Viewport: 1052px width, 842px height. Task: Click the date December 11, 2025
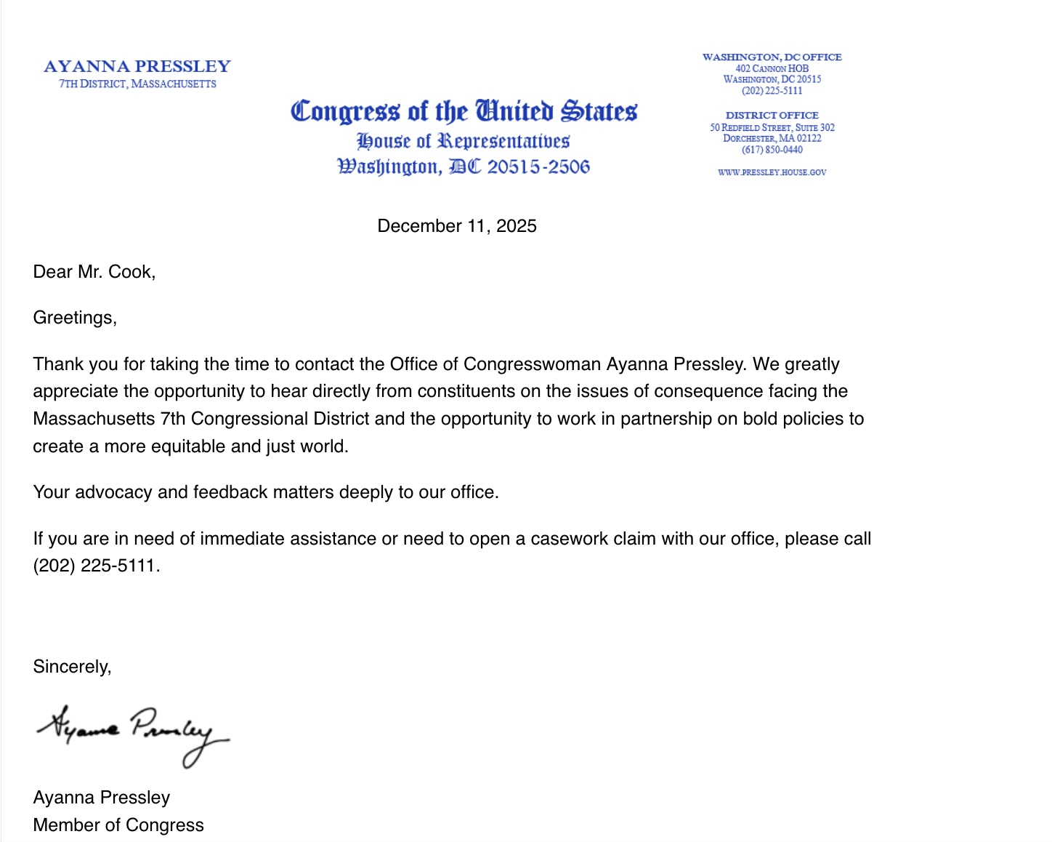[456, 226]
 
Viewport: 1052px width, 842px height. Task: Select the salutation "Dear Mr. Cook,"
[94, 272]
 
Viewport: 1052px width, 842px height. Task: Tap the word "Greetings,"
[75, 318]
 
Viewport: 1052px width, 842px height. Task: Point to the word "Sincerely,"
[72, 667]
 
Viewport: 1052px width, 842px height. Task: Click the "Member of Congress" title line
[118, 825]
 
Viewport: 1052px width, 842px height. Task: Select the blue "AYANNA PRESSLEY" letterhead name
[137, 67]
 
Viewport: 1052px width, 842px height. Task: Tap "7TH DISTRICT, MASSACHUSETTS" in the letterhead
[137, 84]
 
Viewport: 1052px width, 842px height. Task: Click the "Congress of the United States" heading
[464, 111]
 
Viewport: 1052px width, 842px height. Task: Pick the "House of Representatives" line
[463, 140]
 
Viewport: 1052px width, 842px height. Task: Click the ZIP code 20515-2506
[538, 167]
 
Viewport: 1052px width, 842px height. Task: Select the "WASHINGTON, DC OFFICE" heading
[772, 57]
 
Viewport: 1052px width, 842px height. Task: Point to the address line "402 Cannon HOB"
[772, 68]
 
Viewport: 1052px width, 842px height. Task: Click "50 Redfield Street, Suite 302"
[772, 127]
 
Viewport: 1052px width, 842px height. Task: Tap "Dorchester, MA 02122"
[772, 138]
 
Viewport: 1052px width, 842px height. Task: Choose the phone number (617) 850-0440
[772, 150]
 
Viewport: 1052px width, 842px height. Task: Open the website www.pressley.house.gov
[772, 172]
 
